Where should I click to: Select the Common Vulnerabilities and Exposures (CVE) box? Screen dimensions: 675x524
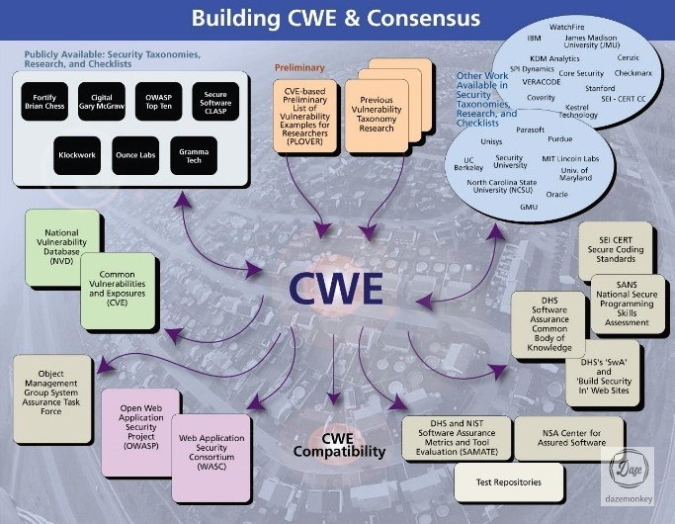pos(118,289)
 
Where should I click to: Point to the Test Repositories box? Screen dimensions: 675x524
pos(509,484)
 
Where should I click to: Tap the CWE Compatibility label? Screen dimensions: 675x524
pos(338,446)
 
